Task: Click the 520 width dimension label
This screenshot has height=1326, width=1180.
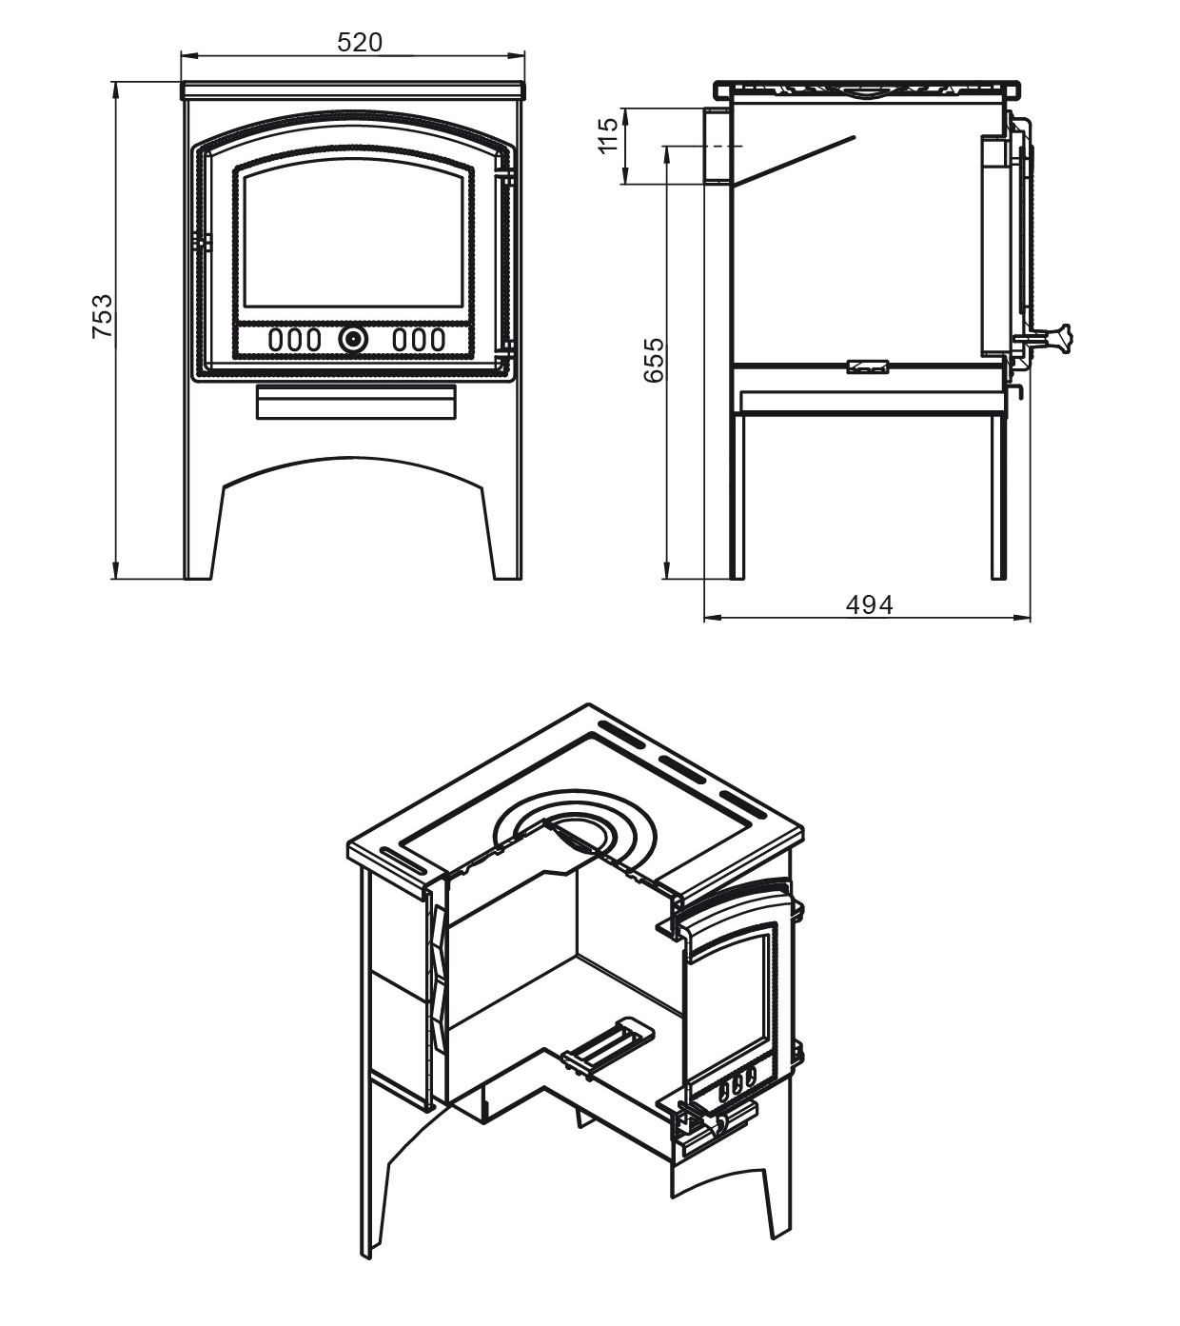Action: [360, 43]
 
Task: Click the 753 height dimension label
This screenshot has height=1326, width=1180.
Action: [103, 317]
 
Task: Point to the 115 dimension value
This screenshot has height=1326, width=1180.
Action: [608, 135]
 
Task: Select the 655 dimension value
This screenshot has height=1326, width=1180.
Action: [653, 360]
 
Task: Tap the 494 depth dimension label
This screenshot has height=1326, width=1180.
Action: [869, 605]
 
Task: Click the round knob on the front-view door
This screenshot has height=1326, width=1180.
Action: [353, 339]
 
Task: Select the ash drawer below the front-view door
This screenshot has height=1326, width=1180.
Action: [355, 402]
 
